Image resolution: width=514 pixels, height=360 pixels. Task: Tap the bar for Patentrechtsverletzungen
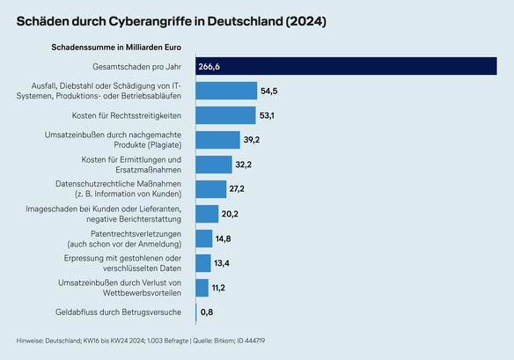203,239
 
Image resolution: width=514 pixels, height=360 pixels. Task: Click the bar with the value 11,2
201,288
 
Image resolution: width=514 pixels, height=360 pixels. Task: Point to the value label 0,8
207,312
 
